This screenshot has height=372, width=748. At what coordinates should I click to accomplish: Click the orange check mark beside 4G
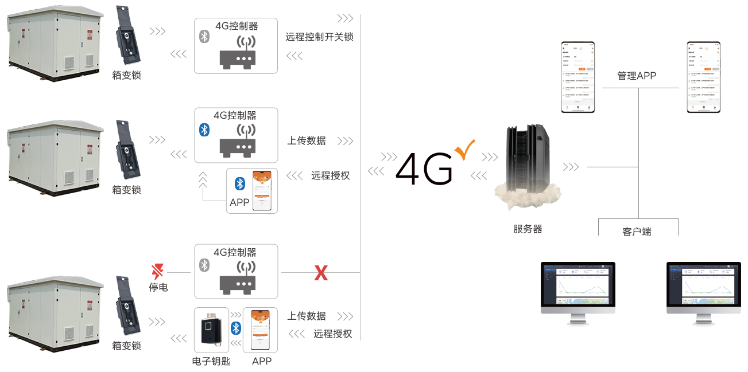click(464, 150)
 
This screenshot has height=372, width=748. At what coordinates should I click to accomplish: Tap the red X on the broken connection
click(320, 273)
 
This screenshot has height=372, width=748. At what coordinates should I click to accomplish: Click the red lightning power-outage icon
click(157, 271)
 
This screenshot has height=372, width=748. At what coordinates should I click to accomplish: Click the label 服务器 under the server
click(527, 229)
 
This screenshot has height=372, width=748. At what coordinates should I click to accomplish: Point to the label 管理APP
click(636, 76)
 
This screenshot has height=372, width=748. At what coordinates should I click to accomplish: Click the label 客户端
click(637, 232)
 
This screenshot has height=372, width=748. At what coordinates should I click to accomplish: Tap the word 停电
click(158, 287)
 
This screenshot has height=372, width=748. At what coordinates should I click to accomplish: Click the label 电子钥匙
click(211, 361)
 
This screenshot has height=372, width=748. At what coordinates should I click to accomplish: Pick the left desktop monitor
click(578, 294)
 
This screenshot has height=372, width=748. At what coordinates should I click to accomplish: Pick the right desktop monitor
click(703, 294)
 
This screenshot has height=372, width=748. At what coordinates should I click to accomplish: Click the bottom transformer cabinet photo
click(55, 314)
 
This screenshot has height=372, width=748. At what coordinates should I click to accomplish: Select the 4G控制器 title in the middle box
click(235, 115)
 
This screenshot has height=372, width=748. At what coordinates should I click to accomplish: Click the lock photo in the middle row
click(127, 150)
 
